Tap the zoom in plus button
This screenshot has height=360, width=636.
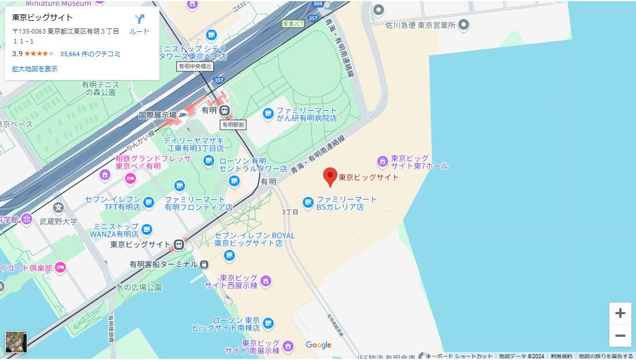coord(620,314)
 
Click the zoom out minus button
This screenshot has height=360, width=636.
coord(620,336)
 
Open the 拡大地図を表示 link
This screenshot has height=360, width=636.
coord(35,69)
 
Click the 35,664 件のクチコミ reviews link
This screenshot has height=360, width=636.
coord(90,54)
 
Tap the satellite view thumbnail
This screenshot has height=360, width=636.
coord(16,342)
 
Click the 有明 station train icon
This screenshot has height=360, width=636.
coord(224,110)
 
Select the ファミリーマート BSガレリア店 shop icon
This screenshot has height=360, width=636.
coord(308,202)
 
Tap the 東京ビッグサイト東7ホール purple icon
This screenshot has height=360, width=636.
coord(382,161)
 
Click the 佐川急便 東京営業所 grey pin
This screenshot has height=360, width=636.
coord(464,25)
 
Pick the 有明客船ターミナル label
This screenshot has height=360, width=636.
coord(163,264)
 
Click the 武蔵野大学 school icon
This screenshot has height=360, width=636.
coord(58,207)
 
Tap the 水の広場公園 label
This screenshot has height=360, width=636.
coord(139,287)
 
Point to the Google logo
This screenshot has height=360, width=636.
coord(318,345)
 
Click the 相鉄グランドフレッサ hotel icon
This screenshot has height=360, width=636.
coord(105,174)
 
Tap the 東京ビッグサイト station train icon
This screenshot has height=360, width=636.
coord(179,245)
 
